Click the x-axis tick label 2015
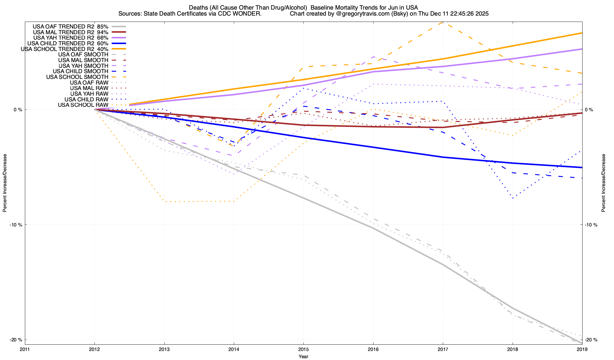pos(303,349)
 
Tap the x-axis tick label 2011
pos(25,349)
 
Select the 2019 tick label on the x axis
pos(582,349)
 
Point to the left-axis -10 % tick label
pos(16,225)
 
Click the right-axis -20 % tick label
pos(592,340)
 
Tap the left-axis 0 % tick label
pos(18,110)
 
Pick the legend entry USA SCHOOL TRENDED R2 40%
pos(64,49)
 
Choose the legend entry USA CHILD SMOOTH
pos(80,71)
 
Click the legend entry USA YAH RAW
pos(89,94)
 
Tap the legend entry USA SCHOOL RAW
pos(83,105)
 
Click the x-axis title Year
pos(303,356)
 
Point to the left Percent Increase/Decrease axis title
pos(5,183)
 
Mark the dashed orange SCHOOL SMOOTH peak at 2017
pos(443,22)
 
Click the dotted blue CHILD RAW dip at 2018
pos(513,198)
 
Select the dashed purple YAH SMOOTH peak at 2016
pos(373,57)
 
